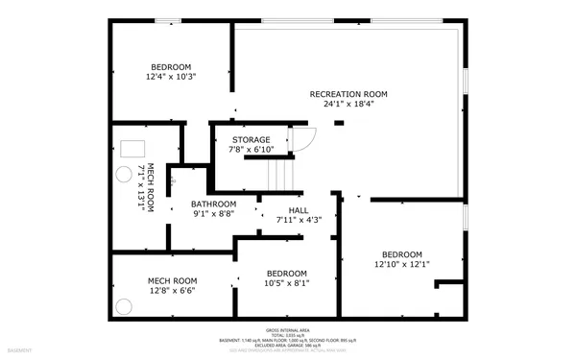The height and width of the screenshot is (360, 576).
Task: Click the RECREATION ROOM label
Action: coord(348,94)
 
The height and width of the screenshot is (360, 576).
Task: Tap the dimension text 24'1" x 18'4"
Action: coord(348,105)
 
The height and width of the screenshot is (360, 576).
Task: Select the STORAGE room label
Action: coord(251,140)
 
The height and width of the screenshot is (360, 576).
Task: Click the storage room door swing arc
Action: coord(303,140)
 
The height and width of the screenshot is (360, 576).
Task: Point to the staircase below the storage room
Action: coord(278,174)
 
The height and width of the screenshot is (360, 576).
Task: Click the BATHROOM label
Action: coord(213,204)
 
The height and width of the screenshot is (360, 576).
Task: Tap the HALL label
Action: coord(298,210)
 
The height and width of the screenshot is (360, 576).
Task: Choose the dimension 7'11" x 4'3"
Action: coord(298,221)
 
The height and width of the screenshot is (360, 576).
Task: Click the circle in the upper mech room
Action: coord(124,174)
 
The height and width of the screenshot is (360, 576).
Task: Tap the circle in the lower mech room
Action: coord(124,306)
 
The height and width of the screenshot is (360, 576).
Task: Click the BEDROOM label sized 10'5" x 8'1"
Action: coord(286,273)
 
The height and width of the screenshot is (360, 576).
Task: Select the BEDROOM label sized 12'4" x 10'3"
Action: coord(171,66)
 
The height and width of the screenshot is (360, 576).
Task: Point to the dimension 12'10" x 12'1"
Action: coord(401,264)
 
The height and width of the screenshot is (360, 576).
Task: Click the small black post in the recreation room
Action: coord(338,123)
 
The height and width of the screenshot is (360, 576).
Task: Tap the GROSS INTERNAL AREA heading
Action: coord(288,330)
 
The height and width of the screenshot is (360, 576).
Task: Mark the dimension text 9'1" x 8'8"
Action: coord(213,215)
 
